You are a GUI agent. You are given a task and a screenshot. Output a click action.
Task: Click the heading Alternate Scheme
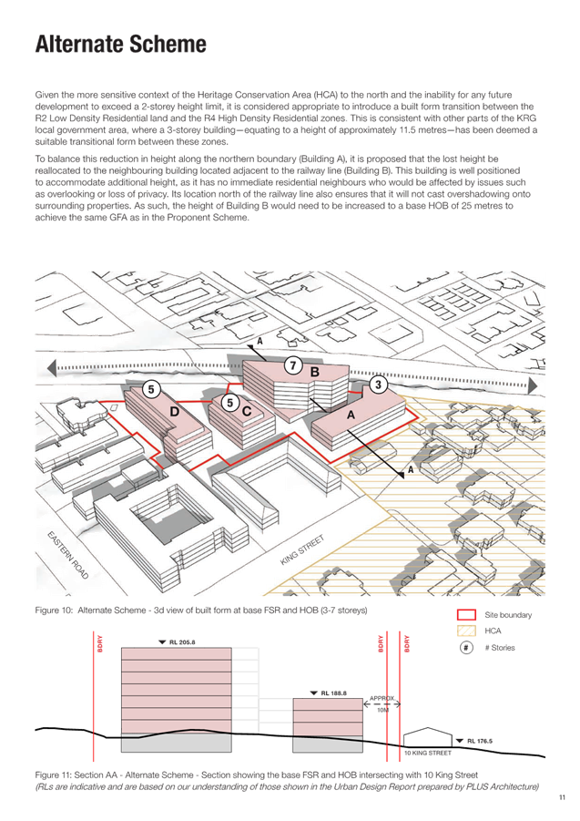click(x=121, y=45)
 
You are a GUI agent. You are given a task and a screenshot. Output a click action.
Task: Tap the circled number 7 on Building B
click(x=293, y=365)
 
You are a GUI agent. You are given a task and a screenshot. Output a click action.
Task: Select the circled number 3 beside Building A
click(x=378, y=385)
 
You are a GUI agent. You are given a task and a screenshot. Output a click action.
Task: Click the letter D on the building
click(x=175, y=412)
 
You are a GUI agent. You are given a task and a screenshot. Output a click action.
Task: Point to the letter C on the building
click(x=247, y=411)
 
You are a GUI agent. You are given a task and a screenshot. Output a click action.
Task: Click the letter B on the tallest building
click(x=315, y=373)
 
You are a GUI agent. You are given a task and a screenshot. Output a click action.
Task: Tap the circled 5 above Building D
click(x=151, y=390)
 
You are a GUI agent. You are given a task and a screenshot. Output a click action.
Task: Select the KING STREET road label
click(x=302, y=549)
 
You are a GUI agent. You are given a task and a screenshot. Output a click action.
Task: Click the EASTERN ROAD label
click(x=68, y=555)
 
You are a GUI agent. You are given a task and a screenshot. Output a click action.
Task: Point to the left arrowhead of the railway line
click(x=52, y=368)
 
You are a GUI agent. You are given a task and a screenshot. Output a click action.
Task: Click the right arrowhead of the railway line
click(x=533, y=385)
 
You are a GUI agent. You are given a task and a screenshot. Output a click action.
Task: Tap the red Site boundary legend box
click(x=466, y=615)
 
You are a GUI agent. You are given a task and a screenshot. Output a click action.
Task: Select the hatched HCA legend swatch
click(x=466, y=631)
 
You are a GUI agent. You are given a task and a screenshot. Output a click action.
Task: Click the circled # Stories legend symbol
click(x=466, y=648)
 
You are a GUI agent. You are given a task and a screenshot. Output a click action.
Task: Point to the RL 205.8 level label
click(x=178, y=642)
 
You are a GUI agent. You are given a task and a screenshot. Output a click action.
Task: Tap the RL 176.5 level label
click(x=474, y=741)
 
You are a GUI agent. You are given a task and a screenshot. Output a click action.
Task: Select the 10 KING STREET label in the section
click(x=428, y=753)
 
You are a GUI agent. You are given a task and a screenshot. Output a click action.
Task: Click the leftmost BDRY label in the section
click(x=100, y=644)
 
